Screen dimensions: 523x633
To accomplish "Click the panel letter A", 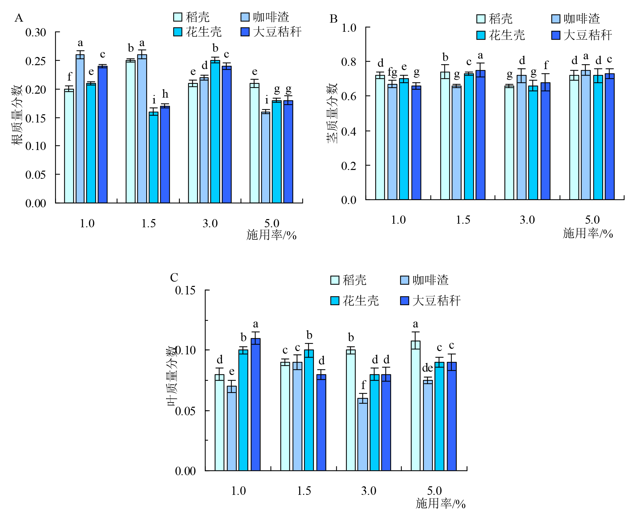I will tap(19, 18).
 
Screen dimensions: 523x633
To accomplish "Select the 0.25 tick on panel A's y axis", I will tap(35, 61).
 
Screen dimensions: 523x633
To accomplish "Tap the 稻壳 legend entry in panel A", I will tap(192, 17).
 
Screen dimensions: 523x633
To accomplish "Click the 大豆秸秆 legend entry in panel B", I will tap(582, 35).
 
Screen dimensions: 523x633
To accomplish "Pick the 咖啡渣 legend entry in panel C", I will tap(424, 280).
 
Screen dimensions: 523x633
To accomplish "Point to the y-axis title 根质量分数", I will tap(16, 115).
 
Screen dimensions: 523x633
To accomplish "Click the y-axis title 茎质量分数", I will tap(332, 113).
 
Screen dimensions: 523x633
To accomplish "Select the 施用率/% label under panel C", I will tap(440, 503).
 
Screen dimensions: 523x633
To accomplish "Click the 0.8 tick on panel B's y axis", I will tap(349, 62).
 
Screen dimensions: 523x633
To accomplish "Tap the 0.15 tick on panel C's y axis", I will tap(185, 290).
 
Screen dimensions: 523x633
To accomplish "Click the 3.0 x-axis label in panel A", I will tap(210, 223).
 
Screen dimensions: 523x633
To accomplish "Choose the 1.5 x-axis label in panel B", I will tap(463, 220).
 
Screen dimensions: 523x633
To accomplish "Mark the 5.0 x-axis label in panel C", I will tap(434, 491).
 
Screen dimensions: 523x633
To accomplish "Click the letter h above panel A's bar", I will tap(165, 94).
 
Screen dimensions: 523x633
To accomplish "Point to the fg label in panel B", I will tap(392, 72).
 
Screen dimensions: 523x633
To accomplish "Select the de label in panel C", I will tap(428, 368).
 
